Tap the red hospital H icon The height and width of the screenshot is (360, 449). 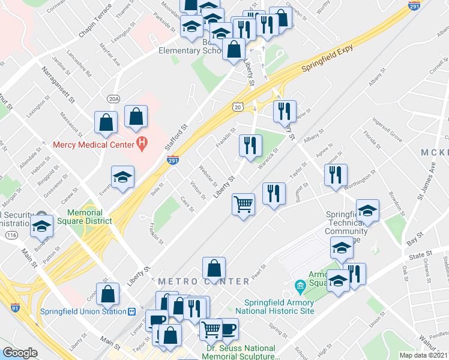tap(142, 143)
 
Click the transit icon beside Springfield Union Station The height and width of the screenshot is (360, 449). tap(131, 311)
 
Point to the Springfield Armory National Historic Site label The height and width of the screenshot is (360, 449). tap(279, 307)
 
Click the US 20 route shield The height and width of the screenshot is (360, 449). tap(238, 107)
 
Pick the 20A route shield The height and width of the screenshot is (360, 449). tap(113, 99)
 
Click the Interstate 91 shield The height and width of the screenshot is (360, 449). tap(15, 307)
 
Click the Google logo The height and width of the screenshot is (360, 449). tap(20, 353)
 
